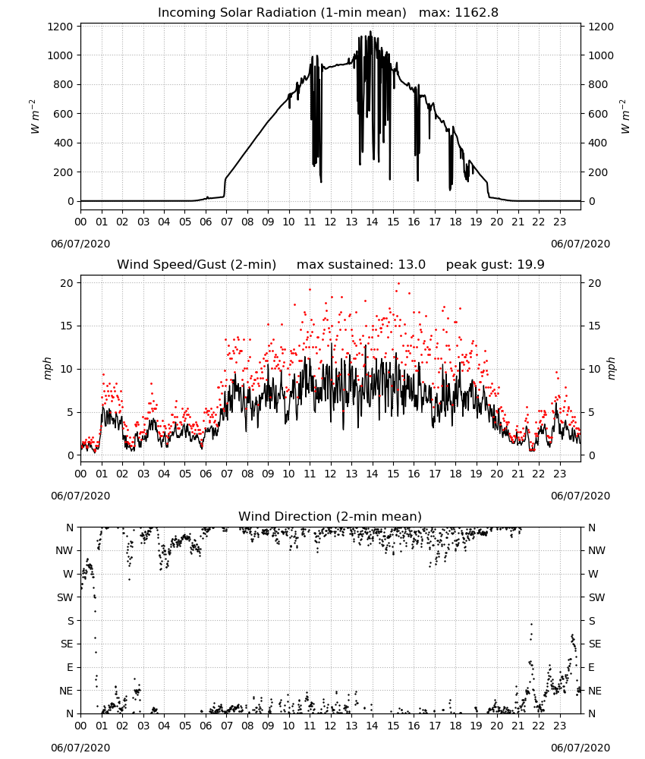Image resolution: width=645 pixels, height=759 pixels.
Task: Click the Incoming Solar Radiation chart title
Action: point(282,13)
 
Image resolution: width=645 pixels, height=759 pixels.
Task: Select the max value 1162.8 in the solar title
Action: point(476,13)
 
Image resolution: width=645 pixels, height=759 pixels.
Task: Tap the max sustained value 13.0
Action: point(412,265)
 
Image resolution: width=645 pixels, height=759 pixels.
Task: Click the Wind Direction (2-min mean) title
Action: point(330,516)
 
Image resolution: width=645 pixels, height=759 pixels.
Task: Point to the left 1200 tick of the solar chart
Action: point(60,27)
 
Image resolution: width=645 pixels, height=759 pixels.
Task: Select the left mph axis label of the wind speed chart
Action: point(47,368)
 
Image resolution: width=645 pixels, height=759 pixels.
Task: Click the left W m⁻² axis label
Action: point(35,117)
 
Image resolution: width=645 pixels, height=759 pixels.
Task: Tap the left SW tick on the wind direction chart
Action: point(64,597)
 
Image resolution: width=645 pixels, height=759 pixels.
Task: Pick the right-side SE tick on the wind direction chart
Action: point(595,644)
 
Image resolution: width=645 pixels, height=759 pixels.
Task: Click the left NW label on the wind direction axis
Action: point(64,550)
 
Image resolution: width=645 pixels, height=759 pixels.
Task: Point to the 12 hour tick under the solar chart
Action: point(330,222)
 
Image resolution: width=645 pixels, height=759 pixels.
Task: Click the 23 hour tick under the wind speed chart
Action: point(559,474)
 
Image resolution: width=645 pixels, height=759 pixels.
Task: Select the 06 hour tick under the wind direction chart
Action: point(206,726)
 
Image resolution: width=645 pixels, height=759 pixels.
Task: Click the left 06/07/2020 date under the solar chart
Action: point(80,244)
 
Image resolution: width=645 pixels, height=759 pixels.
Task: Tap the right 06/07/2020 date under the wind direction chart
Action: point(580,748)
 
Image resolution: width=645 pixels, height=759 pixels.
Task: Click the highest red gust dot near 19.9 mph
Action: point(398,283)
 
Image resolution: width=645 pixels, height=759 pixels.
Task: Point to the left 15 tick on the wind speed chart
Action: point(67,326)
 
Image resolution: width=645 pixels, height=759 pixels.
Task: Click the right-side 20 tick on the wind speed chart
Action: point(594,283)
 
